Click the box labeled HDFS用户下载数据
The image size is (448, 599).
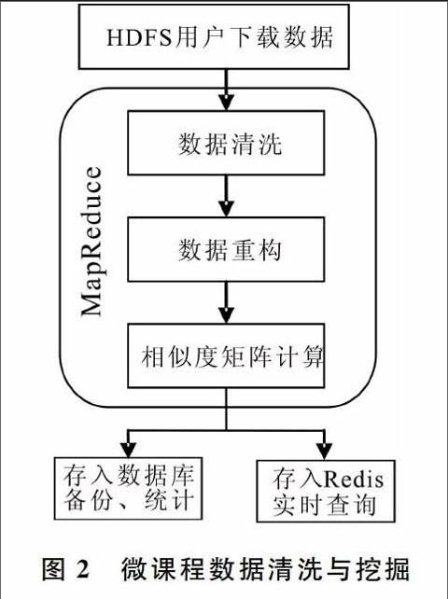214,36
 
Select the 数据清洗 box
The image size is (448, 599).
226,143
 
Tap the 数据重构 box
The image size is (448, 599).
226,249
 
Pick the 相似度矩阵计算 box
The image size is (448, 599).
226,355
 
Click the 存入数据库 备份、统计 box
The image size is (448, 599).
128,488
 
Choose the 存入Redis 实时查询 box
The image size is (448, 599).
326,491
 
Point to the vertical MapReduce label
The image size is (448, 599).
91,242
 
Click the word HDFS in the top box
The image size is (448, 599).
139,37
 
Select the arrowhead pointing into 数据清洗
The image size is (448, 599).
226,103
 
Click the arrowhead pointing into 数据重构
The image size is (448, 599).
226,209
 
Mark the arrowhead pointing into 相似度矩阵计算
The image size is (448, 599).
226,315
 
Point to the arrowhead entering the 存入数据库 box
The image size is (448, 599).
129,450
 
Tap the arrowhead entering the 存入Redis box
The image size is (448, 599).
324,452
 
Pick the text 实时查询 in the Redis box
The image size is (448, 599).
324,505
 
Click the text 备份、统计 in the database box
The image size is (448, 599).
129,500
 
